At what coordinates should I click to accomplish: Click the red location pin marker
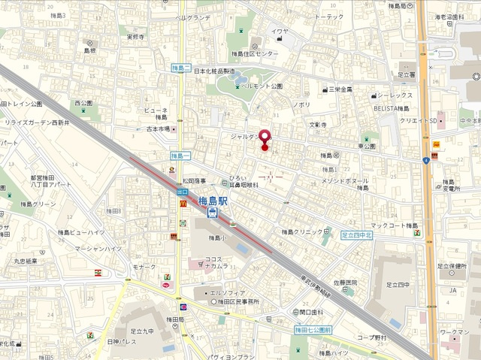[263, 139]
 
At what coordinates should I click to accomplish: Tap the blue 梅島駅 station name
[215, 201]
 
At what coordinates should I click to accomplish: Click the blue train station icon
[213, 213]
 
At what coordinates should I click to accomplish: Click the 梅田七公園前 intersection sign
[312, 329]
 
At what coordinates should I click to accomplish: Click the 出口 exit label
[183, 193]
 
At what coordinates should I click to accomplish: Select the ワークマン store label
[455, 331]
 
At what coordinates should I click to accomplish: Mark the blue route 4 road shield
[425, 159]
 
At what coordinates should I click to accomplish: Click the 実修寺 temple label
[135, 36]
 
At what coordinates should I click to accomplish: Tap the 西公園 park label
[83, 103]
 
